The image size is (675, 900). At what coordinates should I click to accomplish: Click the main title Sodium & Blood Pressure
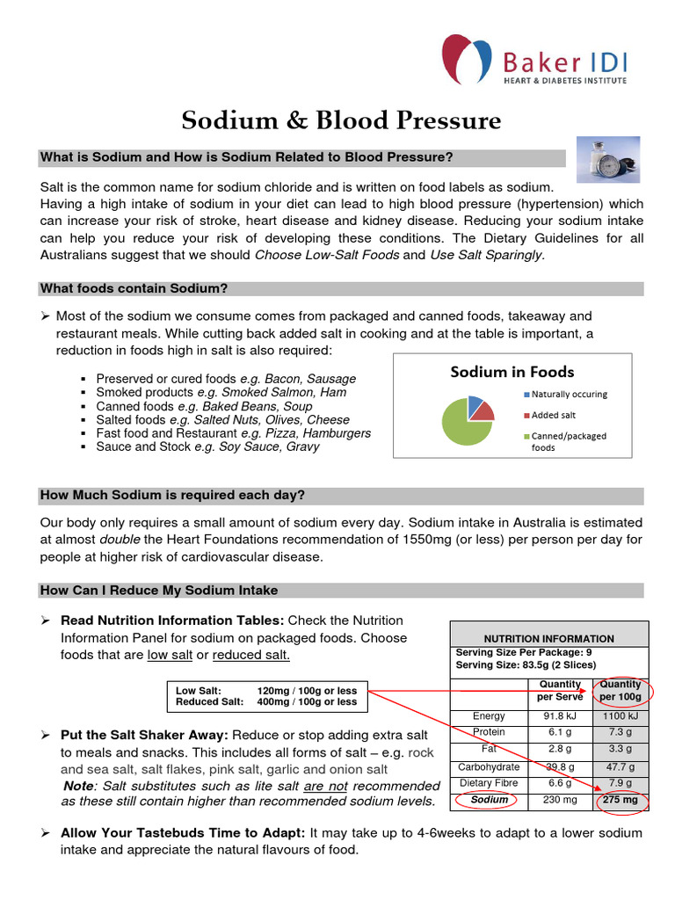point(341,120)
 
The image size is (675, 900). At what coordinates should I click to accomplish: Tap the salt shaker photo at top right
point(607,159)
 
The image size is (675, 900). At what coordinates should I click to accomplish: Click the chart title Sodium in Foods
point(512,372)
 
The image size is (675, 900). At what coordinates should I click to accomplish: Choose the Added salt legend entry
point(553,415)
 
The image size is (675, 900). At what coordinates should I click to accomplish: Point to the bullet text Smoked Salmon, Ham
point(284,393)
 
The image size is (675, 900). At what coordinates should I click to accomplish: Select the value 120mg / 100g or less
point(307,691)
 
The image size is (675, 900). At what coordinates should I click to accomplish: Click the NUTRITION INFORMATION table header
point(549,638)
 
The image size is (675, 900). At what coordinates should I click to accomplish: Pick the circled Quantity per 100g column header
point(621,691)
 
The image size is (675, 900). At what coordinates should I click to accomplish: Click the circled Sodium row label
point(490,800)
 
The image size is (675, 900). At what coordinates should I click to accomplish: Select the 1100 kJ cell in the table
point(621,716)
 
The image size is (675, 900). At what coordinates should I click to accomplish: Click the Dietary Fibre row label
point(489,783)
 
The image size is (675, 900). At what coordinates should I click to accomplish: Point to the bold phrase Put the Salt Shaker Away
point(144,734)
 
